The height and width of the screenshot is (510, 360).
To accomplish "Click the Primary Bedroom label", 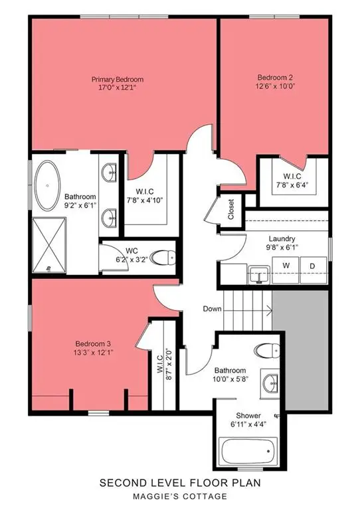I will coord(118,80).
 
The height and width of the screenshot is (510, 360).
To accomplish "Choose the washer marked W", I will coord(286,266).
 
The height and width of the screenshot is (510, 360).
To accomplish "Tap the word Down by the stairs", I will coord(213,308).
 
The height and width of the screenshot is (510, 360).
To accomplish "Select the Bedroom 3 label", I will coord(92,343).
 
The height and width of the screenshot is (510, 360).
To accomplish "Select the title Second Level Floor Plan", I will coord(179,484).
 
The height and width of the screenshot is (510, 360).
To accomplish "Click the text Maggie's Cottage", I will coord(179,496).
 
